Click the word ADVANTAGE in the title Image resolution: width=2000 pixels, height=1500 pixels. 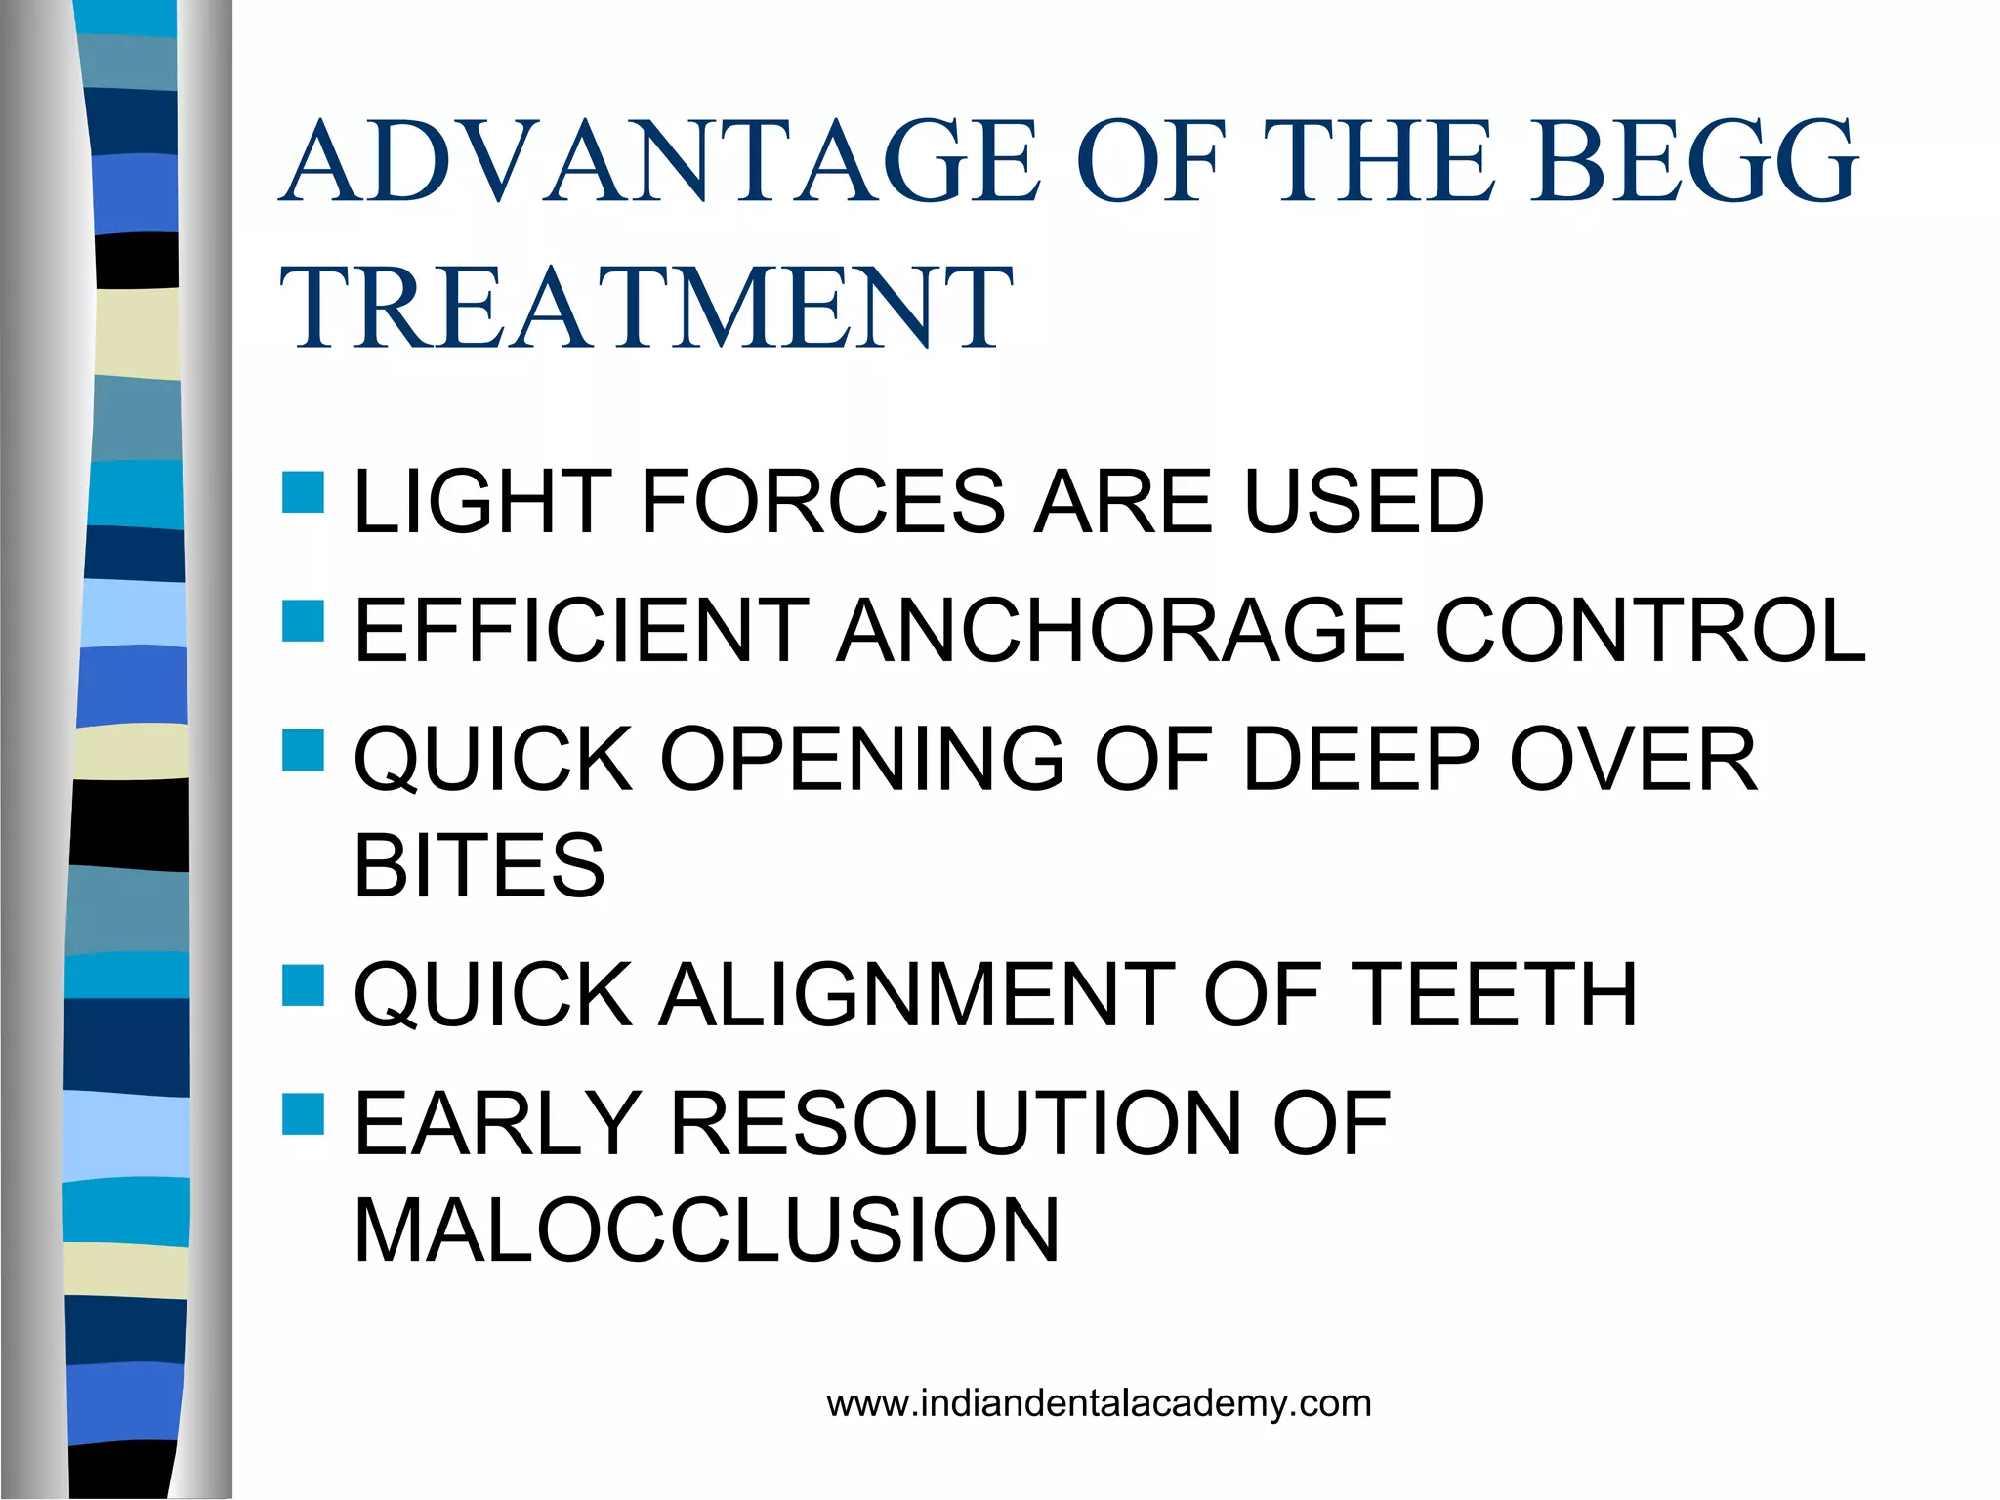point(661,162)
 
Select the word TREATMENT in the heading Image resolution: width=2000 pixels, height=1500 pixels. point(646,309)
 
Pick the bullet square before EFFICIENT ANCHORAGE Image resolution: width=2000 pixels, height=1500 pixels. point(303,621)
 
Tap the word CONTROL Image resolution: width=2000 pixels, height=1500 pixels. point(1650,632)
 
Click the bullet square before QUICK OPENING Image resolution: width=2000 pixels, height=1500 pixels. point(303,750)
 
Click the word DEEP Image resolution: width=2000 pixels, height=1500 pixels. point(1361,760)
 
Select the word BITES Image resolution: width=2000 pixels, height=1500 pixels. point(479,866)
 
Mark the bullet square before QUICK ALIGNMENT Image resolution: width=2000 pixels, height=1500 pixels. point(303,985)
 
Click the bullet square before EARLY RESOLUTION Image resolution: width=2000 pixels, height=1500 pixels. point(303,1114)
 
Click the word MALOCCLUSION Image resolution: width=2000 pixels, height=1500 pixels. point(706,1231)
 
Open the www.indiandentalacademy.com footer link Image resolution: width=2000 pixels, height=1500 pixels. point(1099,1404)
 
